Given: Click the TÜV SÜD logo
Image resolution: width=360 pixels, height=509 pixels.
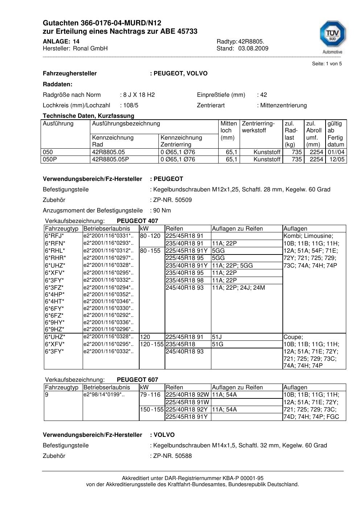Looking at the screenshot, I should (x=332, y=36).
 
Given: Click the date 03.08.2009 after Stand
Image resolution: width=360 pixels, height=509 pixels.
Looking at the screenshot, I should (x=253, y=49).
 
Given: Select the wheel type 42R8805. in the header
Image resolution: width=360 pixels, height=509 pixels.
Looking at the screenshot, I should (x=251, y=41).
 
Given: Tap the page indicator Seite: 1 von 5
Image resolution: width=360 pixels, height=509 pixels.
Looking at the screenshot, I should (x=327, y=64).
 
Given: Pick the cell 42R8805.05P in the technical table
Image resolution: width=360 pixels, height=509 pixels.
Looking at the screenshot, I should (x=111, y=160).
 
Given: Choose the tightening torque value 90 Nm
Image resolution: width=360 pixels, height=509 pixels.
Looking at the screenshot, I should (x=162, y=211).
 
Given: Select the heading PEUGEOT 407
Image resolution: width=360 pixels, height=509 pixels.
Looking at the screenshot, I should (x=137, y=221).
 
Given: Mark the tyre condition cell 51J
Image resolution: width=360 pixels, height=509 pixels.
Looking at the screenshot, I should (x=217, y=337).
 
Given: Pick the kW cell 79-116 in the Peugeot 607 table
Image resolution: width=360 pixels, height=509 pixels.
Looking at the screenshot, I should (x=150, y=395).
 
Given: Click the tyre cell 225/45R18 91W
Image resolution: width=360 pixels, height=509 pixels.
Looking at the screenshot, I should (x=187, y=402).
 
